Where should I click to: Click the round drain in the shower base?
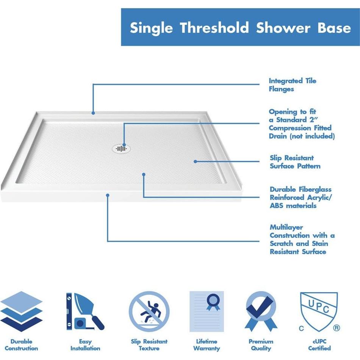[122, 148]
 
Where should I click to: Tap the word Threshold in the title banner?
[214, 28]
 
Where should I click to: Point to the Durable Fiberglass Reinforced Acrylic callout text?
[301, 197]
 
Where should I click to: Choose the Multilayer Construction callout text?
[302, 239]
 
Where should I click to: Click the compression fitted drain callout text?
[302, 124]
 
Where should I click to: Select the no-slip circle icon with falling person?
[149, 311]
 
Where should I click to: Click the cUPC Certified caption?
[319, 345]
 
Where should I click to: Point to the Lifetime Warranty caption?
[207, 345]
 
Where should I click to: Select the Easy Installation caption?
[85, 345]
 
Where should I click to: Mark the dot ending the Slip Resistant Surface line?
[196, 161]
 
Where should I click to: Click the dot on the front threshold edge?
[108, 195]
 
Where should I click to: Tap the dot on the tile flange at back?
[93, 112]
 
